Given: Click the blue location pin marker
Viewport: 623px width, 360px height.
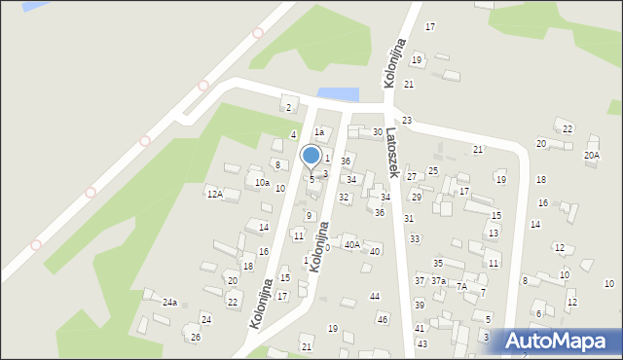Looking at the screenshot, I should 311,157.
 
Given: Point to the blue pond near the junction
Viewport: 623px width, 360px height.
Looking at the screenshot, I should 338,94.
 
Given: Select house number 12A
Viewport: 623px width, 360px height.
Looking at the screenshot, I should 214,194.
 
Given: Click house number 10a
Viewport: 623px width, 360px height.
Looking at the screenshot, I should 262,182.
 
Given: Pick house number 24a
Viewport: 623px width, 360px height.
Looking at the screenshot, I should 169,303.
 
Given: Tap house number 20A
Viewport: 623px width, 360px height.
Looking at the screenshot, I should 592,155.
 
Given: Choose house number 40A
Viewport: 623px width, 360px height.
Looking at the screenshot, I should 352,244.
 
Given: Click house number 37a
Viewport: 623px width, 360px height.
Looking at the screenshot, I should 439,280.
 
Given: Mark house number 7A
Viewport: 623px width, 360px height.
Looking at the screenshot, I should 462,286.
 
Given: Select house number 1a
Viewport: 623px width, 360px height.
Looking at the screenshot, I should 318,130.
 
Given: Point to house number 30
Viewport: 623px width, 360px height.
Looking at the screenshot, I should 378,131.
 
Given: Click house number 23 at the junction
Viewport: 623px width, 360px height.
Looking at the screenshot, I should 407,120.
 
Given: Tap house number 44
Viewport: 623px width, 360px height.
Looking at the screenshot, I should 374,295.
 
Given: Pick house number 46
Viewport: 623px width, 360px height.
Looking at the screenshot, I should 383,319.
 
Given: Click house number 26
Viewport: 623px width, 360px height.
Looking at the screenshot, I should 196,338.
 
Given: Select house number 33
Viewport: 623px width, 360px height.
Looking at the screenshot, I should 415,238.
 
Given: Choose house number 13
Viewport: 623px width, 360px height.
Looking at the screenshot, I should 494,233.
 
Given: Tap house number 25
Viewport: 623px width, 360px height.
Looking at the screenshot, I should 433,170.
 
